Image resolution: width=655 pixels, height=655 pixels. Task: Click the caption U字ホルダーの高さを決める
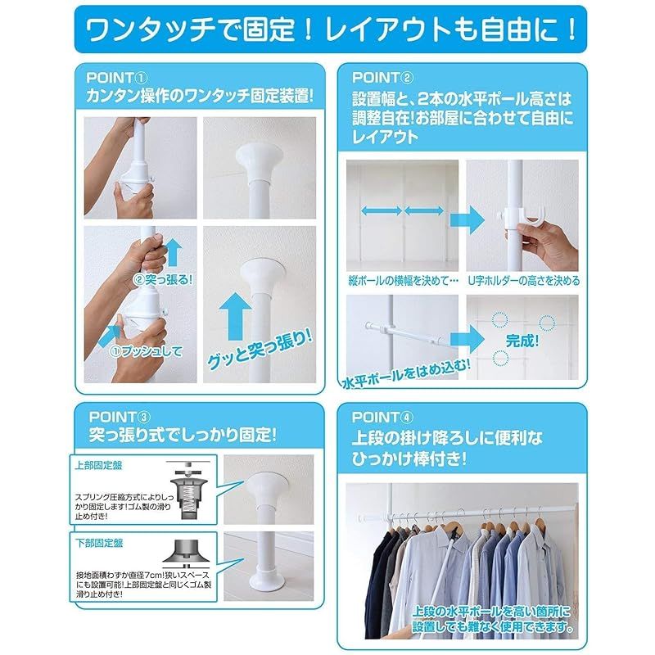524,280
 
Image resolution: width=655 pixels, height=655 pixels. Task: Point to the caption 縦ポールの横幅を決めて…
404,280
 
